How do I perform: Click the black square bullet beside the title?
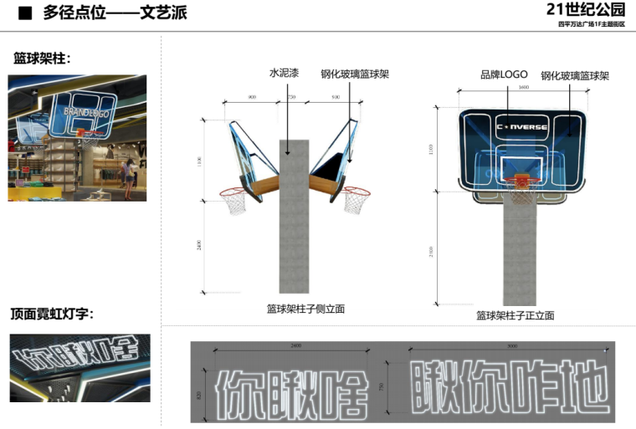[25, 13]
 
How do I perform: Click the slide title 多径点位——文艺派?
[115, 13]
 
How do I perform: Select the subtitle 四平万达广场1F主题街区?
[592, 24]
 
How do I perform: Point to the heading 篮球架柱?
[42, 59]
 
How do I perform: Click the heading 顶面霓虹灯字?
[52, 314]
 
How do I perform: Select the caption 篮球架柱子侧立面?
[305, 309]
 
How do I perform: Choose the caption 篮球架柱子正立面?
[515, 315]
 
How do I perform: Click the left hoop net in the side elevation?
[234, 202]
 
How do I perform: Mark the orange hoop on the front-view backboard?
[523, 179]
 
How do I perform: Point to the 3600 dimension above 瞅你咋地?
[512, 345]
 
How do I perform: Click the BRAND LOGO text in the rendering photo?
[79, 110]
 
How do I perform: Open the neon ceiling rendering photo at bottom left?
[79, 368]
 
